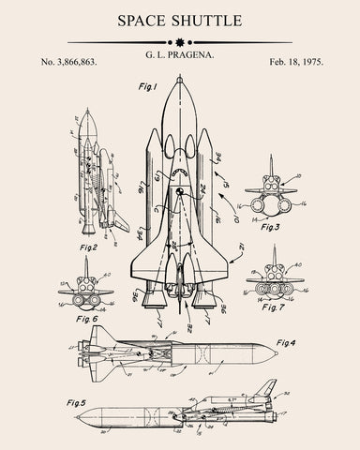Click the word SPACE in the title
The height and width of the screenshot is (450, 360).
pyautogui.click(x=140, y=20)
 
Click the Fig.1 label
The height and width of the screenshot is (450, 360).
pyautogui.click(x=148, y=87)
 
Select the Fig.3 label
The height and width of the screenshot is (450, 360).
pyautogui.click(x=271, y=226)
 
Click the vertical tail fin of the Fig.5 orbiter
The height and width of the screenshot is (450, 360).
pyautogui.click(x=268, y=385)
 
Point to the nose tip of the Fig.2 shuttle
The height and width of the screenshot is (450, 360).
pyautogui.click(x=83, y=112)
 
